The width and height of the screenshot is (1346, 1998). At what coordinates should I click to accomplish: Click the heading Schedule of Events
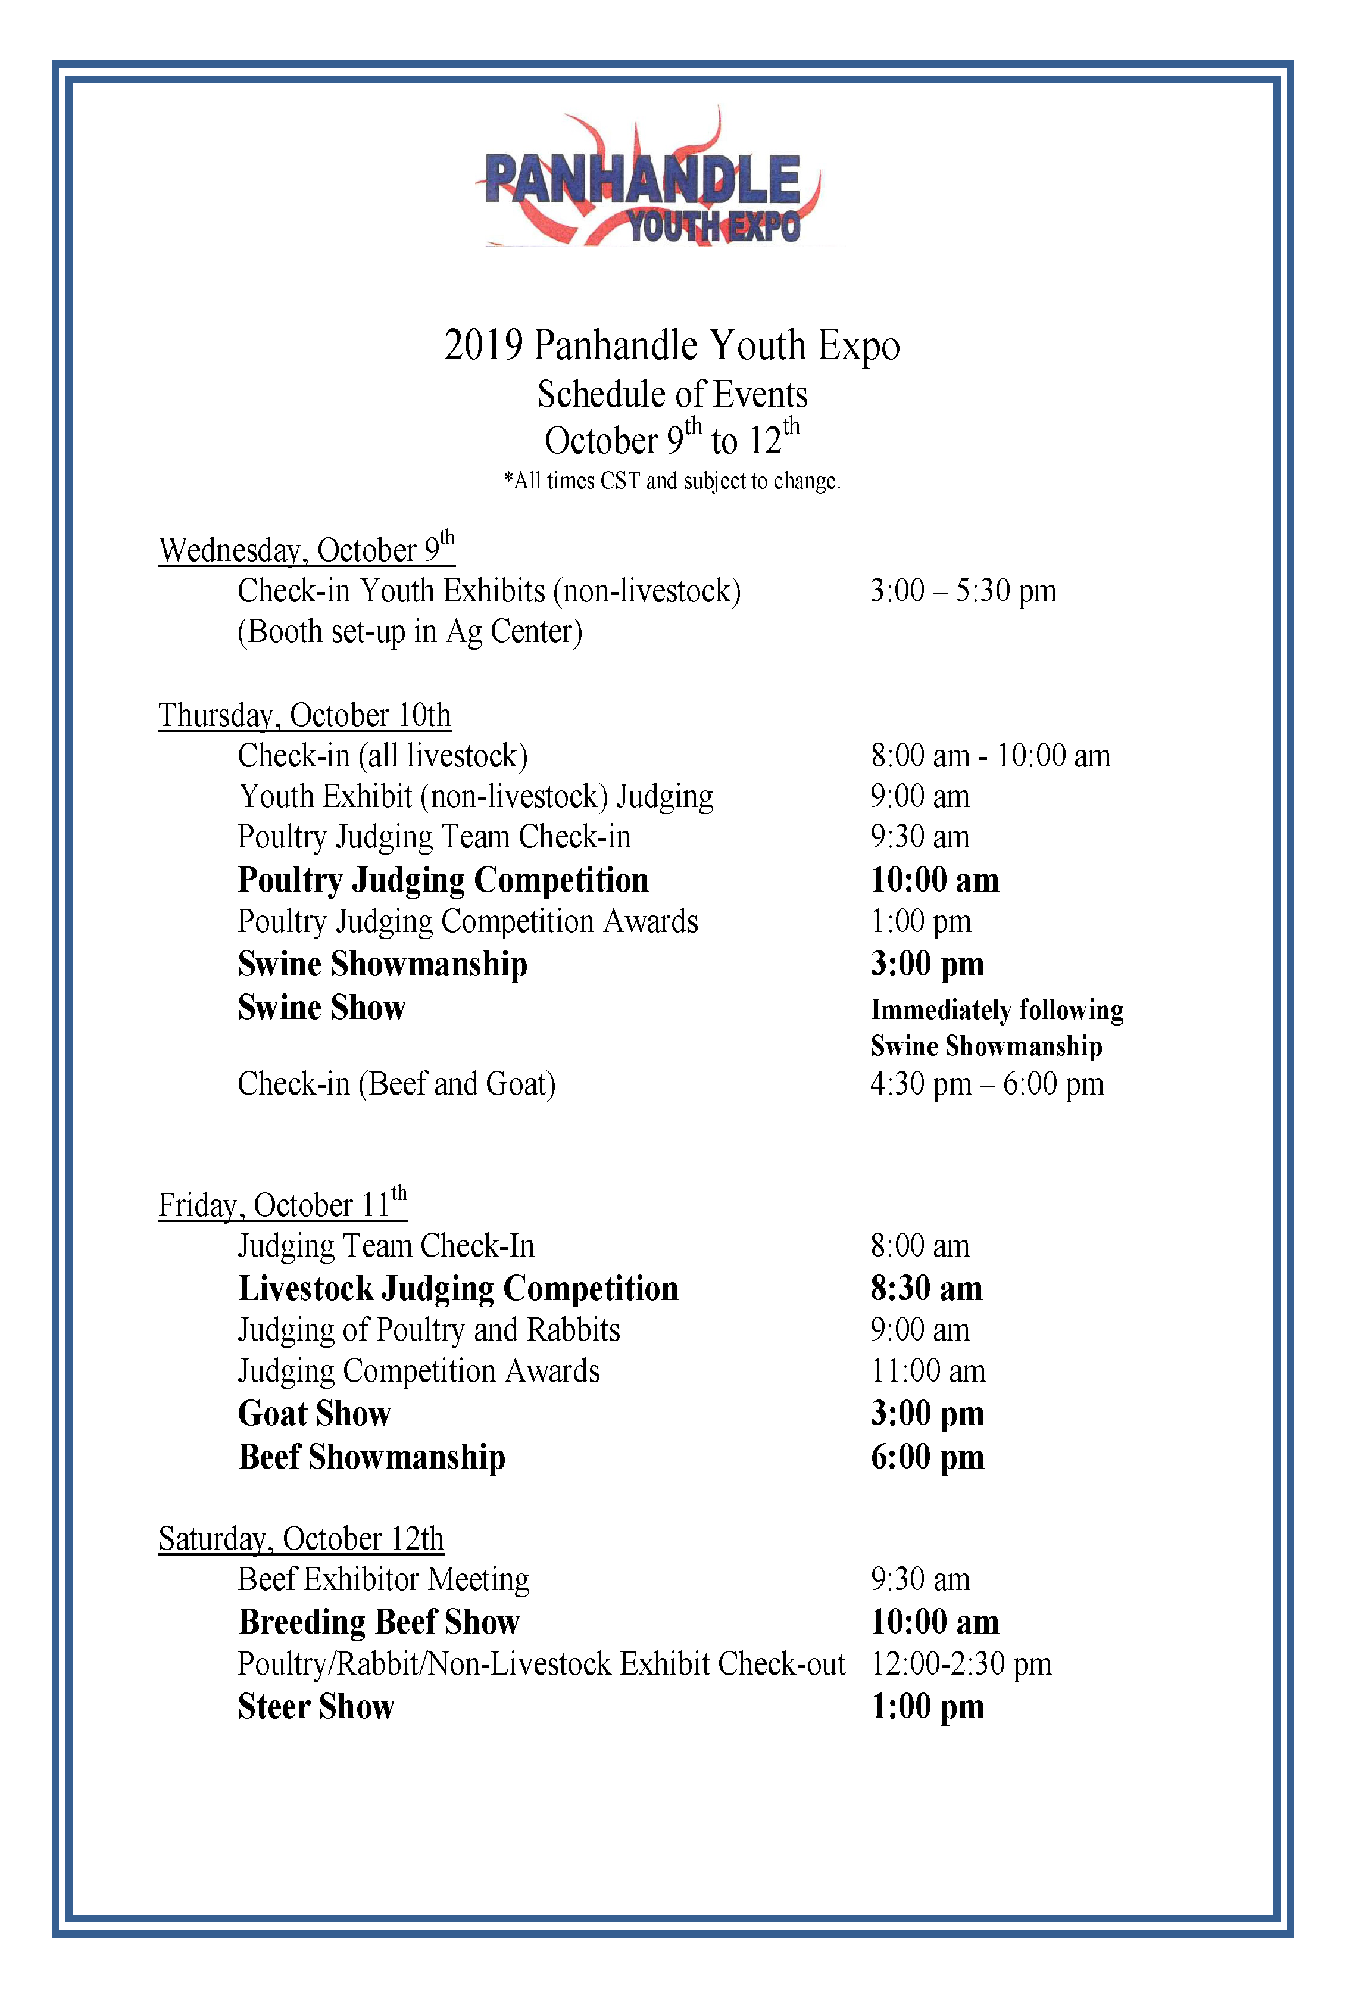coord(672,395)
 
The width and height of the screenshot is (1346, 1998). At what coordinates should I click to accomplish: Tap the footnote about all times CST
coord(672,481)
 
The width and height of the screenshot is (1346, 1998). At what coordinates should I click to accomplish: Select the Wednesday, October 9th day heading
coord(307,550)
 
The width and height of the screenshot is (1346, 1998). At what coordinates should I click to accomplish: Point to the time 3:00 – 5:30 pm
coord(962,591)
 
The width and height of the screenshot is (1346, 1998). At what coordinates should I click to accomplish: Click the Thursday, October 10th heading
coord(305,715)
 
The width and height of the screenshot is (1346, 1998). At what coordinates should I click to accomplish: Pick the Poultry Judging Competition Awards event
coord(468,921)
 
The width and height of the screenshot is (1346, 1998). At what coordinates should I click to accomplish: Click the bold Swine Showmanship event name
coord(383,964)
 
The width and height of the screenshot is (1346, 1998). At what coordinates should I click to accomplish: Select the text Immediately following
coord(997,1010)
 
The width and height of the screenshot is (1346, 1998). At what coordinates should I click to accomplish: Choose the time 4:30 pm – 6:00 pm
coord(987,1084)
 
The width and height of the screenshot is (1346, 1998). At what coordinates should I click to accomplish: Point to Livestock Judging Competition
coord(458,1289)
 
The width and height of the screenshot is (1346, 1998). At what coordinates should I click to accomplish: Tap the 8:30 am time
coord(926,1289)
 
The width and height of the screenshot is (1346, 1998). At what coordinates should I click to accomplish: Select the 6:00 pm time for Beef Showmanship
coord(927,1457)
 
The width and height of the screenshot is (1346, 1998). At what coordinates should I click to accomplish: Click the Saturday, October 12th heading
coord(301,1539)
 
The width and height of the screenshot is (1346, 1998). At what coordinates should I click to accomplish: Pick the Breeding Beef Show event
coord(379,1622)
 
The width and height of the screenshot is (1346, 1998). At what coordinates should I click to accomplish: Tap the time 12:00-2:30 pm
coord(961,1664)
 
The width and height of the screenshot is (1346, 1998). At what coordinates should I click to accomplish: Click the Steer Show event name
coord(316,1707)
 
